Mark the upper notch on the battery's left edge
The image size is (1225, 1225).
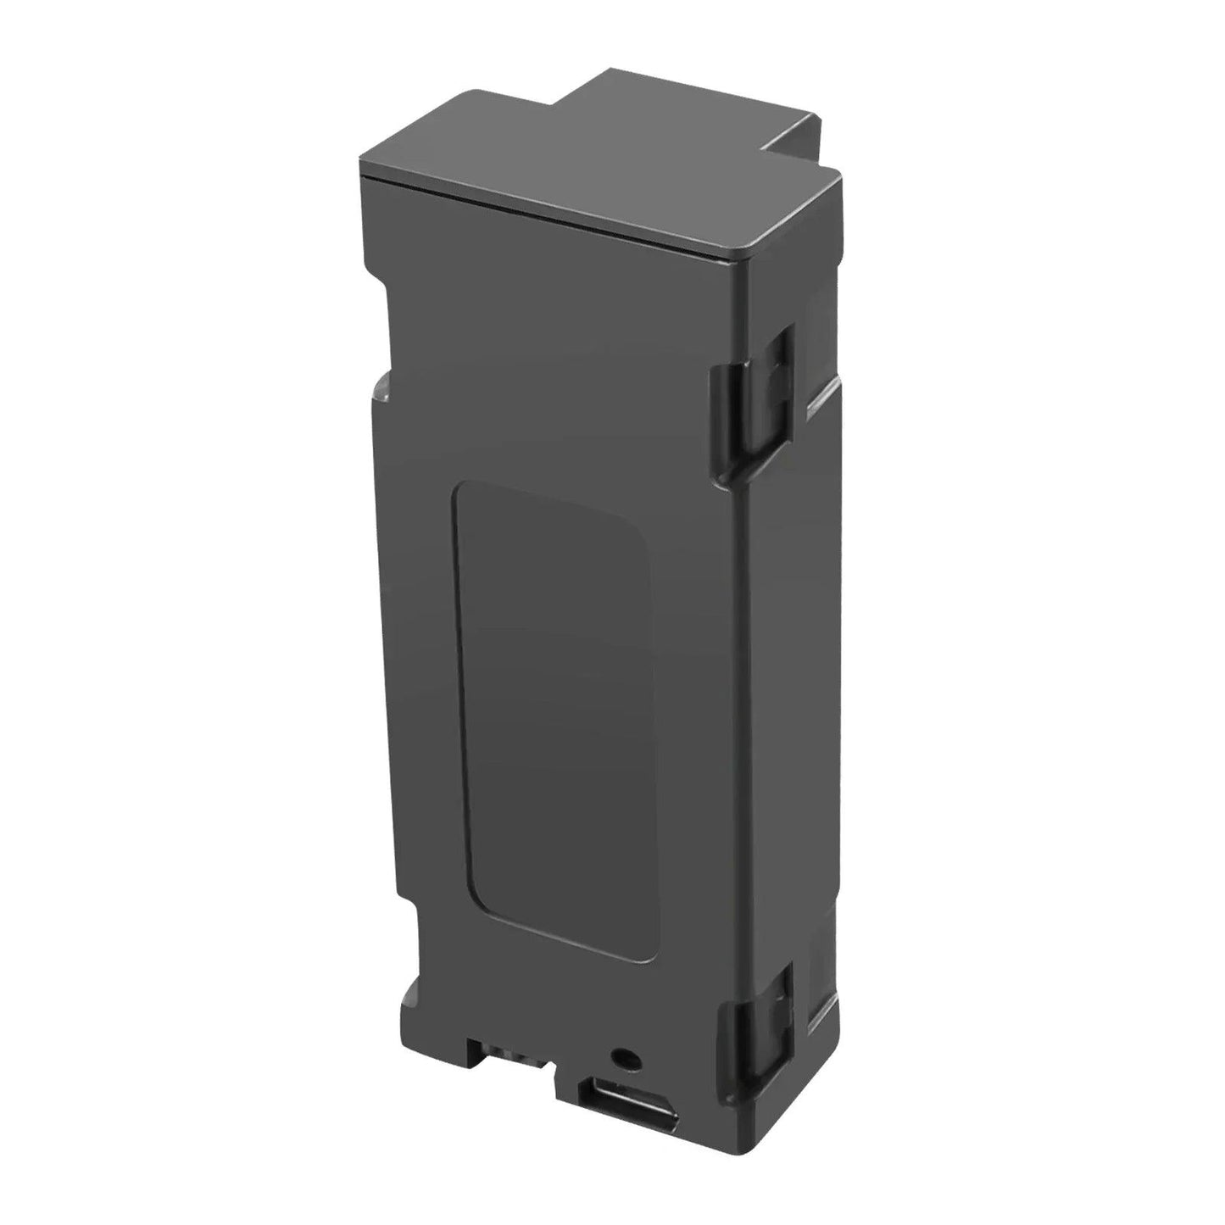click(x=380, y=386)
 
